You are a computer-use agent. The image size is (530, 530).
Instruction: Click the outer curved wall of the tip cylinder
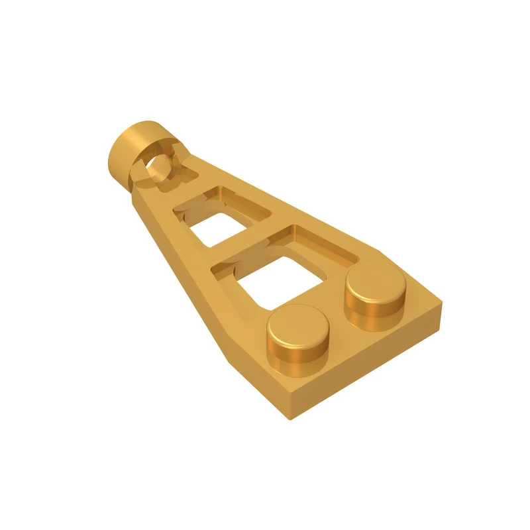coord(123,152)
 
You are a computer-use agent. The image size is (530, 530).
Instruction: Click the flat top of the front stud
coord(299,325)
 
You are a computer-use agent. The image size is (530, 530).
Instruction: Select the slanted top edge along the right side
coord(318,212)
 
